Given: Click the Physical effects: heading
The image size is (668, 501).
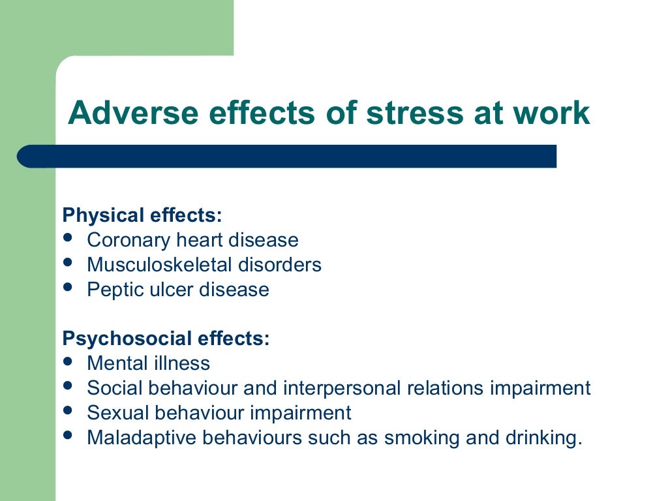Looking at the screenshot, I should coord(142,215).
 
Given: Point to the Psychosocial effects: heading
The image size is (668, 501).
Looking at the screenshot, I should coord(166,339).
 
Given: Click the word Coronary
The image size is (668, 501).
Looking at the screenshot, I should coord(129,241).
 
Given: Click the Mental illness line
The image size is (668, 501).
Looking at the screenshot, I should coord(148,363).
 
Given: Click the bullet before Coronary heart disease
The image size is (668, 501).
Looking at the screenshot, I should coord(68,238).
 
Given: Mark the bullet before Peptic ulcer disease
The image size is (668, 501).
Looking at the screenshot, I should coord(68,287).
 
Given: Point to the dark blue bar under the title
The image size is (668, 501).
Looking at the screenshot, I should coord(287,157).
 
